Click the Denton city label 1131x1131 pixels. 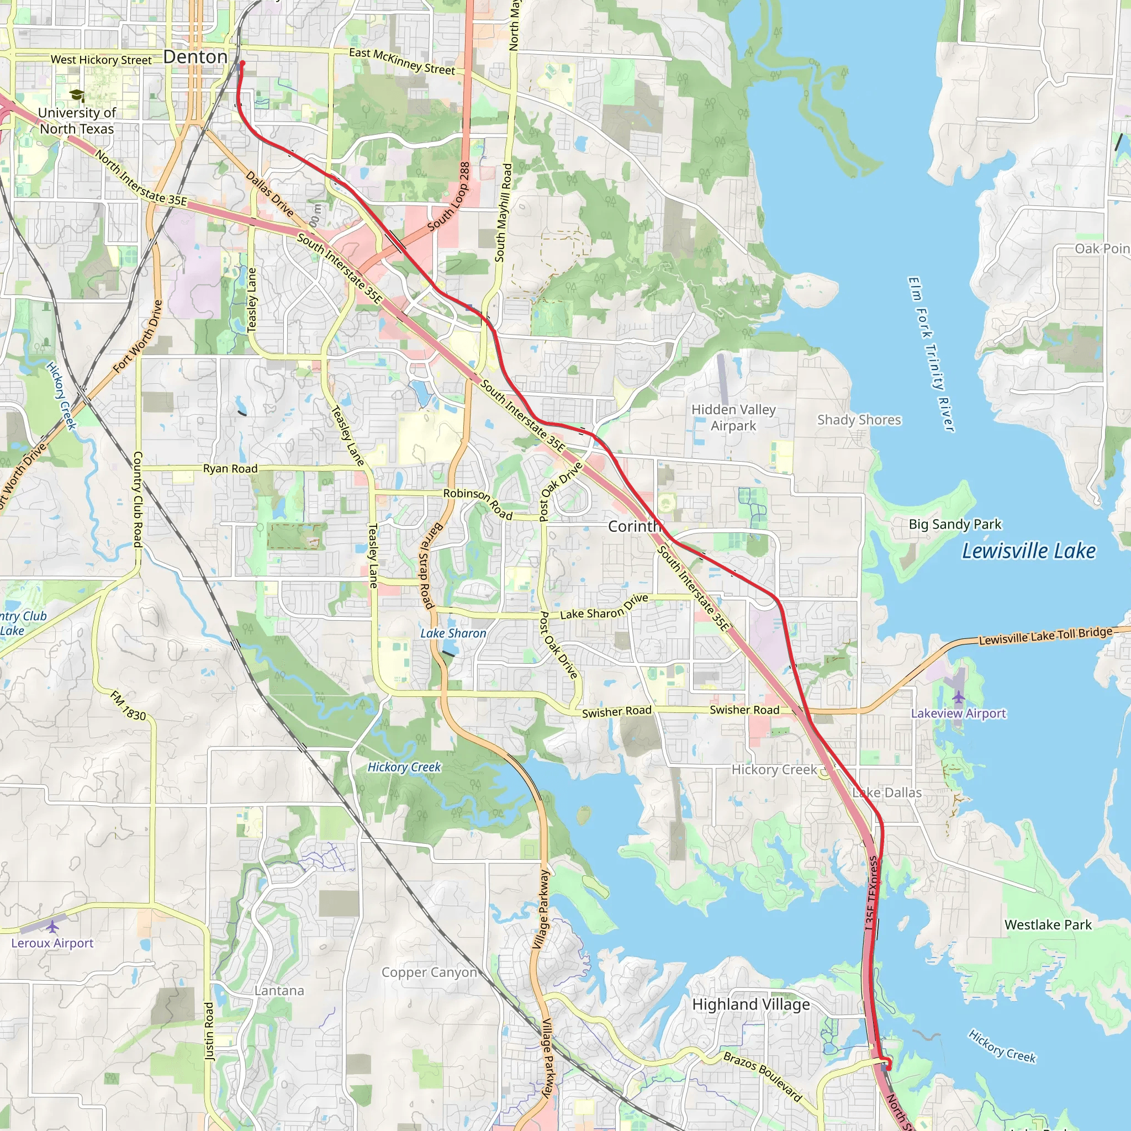[195, 57]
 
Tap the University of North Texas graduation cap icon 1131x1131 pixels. [76, 95]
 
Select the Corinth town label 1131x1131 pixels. [634, 526]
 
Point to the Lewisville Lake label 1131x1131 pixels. [1028, 551]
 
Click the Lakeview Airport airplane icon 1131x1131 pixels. [958, 697]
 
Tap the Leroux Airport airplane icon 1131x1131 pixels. [52, 927]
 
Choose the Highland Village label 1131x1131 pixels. [751, 1005]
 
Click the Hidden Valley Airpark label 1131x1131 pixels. [733, 417]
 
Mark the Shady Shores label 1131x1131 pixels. [859, 420]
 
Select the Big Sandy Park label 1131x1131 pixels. [955, 524]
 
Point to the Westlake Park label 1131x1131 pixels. [1048, 925]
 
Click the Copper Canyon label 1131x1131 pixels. [429, 973]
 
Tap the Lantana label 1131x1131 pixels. [279, 991]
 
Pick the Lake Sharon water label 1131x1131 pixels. [453, 633]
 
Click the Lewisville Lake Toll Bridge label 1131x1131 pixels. [1045, 636]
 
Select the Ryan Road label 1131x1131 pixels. [230, 469]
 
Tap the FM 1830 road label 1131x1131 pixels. [128, 706]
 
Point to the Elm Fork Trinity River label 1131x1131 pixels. [931, 354]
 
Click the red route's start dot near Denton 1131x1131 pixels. [242, 63]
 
